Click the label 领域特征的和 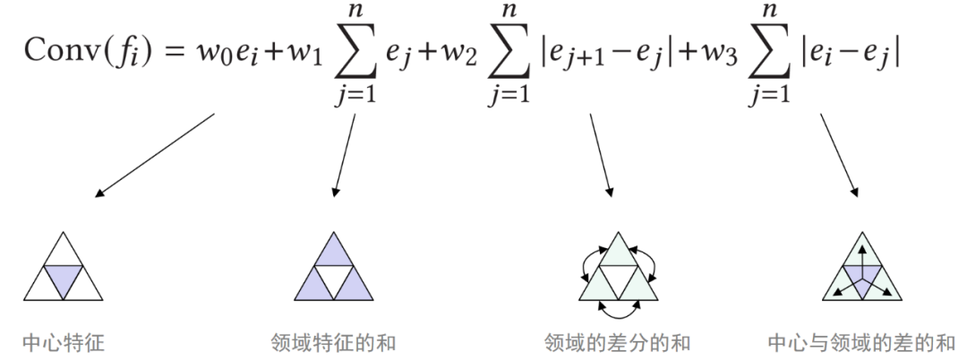click(332, 342)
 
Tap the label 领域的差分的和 click(617, 342)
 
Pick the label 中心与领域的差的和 click(861, 342)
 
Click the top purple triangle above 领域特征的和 click(333, 253)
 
